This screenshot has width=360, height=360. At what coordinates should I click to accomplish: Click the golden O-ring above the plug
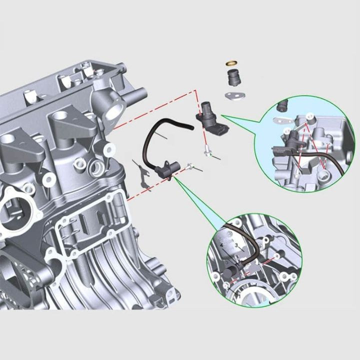point(231,63)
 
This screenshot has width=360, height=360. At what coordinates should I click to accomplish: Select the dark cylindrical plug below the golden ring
point(233,78)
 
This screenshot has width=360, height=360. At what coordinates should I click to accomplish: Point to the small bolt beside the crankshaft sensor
point(189,166)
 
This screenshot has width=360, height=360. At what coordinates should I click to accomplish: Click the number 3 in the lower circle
point(236,246)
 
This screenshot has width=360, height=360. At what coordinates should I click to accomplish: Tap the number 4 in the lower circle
point(221,245)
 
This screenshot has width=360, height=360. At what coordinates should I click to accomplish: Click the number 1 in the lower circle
point(240,296)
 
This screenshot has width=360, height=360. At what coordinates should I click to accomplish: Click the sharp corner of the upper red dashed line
point(193,91)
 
